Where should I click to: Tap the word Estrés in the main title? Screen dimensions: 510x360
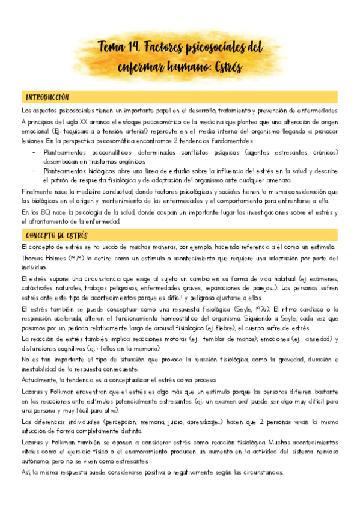point(225,67)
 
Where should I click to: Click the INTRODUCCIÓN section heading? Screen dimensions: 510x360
point(47,97)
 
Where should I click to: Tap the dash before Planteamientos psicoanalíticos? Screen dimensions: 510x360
point(34,152)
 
